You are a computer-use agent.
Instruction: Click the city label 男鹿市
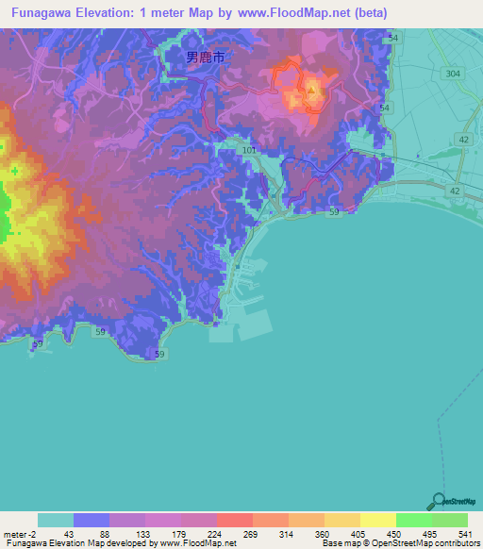pos(205,58)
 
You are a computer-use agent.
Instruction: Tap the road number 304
pos(454,73)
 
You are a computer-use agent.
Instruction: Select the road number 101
pos(248,150)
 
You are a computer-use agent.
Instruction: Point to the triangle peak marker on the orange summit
pos(311,91)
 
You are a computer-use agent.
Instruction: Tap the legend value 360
pos(323,533)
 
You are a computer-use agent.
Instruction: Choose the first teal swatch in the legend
pos(56,520)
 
